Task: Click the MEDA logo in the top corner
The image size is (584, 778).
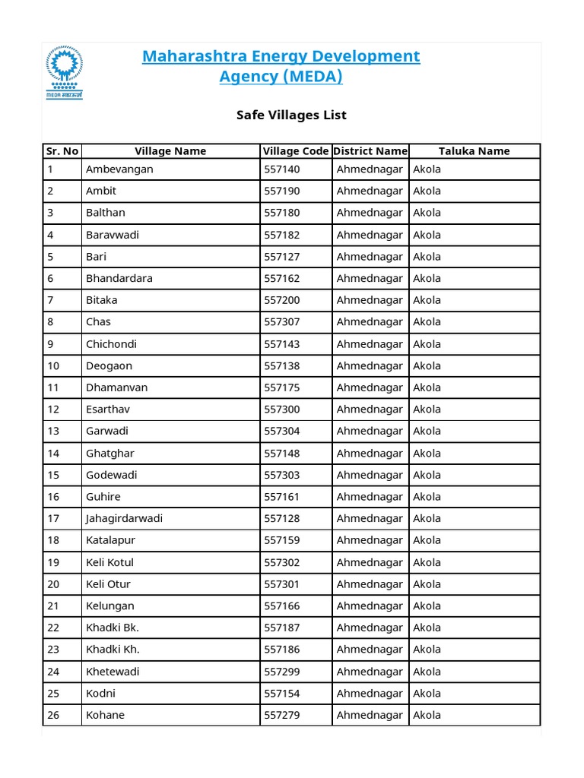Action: click(64, 72)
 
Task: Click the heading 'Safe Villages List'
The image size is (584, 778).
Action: click(292, 115)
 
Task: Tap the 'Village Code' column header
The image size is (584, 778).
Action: click(296, 151)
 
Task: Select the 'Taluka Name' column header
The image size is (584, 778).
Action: click(474, 151)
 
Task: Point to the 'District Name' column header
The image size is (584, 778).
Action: click(370, 151)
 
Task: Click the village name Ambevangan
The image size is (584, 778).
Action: click(119, 169)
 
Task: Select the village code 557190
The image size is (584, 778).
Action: click(281, 191)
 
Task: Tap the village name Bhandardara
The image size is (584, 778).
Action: click(119, 278)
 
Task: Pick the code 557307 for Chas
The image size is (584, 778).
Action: click(281, 321)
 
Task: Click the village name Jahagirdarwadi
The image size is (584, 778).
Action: click(124, 518)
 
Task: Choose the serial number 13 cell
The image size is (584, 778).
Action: click(53, 431)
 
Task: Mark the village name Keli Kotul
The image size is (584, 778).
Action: click(109, 562)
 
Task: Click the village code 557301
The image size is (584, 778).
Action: click(281, 584)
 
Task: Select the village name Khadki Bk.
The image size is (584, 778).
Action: click(113, 628)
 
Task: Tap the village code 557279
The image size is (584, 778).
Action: click(281, 715)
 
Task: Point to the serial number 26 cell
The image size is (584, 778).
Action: click(53, 715)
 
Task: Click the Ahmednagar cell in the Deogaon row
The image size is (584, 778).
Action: click(370, 365)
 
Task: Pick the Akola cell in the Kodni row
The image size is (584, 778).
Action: click(427, 693)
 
